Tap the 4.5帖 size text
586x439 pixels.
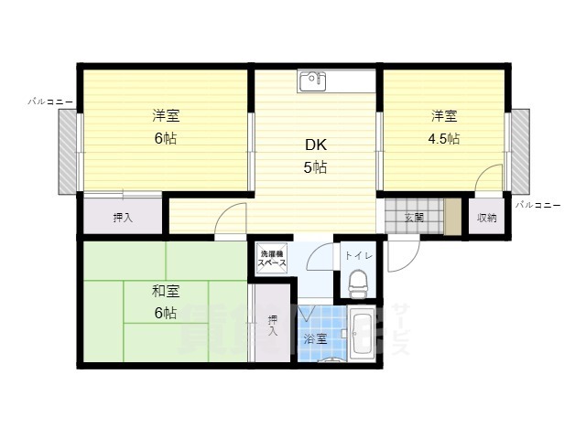coord(444,139)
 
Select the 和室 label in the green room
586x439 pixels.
coord(166,291)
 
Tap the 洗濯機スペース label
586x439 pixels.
coord(272,258)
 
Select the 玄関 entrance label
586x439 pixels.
coord(413,218)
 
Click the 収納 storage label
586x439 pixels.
coord(486,218)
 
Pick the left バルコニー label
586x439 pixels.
coord(50,100)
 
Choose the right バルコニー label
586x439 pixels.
coord(537,205)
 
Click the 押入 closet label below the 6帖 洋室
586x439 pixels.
coord(122,218)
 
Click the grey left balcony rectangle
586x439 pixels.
coord(68,151)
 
